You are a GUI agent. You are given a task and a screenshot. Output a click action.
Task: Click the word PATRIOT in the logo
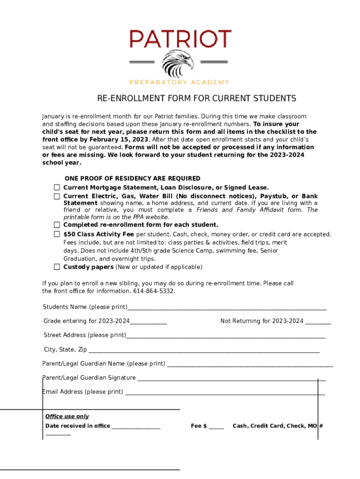coord(180,38)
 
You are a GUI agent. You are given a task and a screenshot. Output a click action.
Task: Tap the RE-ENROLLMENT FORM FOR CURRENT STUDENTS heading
coord(196,99)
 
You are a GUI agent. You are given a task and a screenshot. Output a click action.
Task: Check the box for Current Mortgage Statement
coord(57,187)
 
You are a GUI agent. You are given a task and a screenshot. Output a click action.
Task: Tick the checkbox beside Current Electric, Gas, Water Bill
coord(57,196)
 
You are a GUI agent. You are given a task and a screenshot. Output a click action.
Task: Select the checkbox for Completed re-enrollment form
coord(57,225)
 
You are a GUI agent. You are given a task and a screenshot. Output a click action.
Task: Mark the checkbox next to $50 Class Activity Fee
coord(57,234)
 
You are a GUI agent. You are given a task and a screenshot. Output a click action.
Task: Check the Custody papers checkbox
coord(57,267)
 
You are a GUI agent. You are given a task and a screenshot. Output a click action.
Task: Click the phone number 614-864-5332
coord(154,291)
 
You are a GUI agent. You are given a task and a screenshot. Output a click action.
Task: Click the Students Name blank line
coord(227,308)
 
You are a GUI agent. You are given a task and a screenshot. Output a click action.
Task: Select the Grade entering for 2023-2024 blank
coord(148,322)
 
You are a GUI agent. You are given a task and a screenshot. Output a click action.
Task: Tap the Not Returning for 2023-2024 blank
coord(318,322)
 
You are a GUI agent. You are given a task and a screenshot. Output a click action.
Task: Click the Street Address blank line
coord(225,336)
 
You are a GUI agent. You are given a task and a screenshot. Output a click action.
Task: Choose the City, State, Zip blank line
coord(204,351)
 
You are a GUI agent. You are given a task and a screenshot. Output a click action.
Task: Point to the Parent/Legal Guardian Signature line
coord(231,379)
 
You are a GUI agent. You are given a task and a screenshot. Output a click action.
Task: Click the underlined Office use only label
coord(67,416)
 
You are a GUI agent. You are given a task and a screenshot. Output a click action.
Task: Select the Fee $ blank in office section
coord(216,427)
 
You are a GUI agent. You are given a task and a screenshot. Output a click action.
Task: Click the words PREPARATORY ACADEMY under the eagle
coord(179,82)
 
